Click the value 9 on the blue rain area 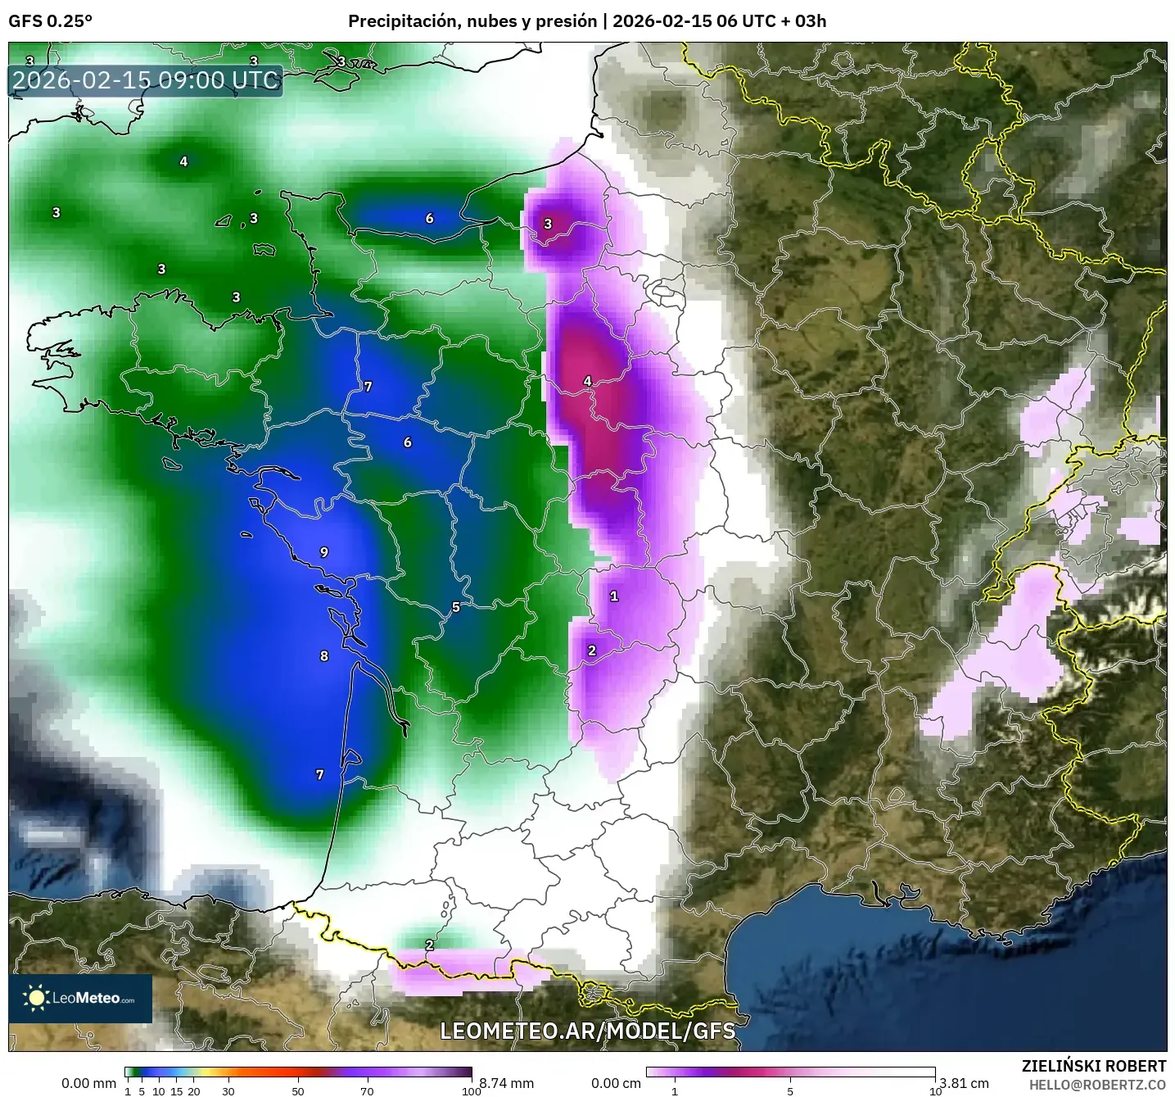(324, 553)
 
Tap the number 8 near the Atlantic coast (324, 656)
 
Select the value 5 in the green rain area (456, 608)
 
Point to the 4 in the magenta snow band (587, 381)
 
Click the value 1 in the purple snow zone (614, 596)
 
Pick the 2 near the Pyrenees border (429, 945)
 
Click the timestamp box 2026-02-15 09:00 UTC (146, 80)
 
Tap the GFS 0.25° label (50, 21)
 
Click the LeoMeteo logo (80, 998)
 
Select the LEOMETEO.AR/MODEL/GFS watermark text (587, 1031)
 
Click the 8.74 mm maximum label (506, 1083)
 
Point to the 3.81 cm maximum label (964, 1083)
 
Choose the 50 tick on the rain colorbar (298, 1090)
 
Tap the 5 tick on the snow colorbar (790, 1090)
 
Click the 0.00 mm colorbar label (88, 1083)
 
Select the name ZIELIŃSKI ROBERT (1094, 1066)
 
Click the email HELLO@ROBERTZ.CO (1097, 1085)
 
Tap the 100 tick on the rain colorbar (471, 1090)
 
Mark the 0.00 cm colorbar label (616, 1083)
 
